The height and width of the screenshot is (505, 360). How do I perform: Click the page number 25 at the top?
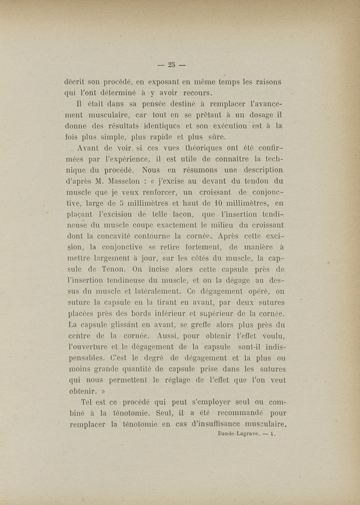click(x=171, y=65)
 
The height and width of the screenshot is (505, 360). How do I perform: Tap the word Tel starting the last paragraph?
click(x=86, y=402)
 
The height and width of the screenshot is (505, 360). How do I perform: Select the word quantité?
click(x=143, y=369)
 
